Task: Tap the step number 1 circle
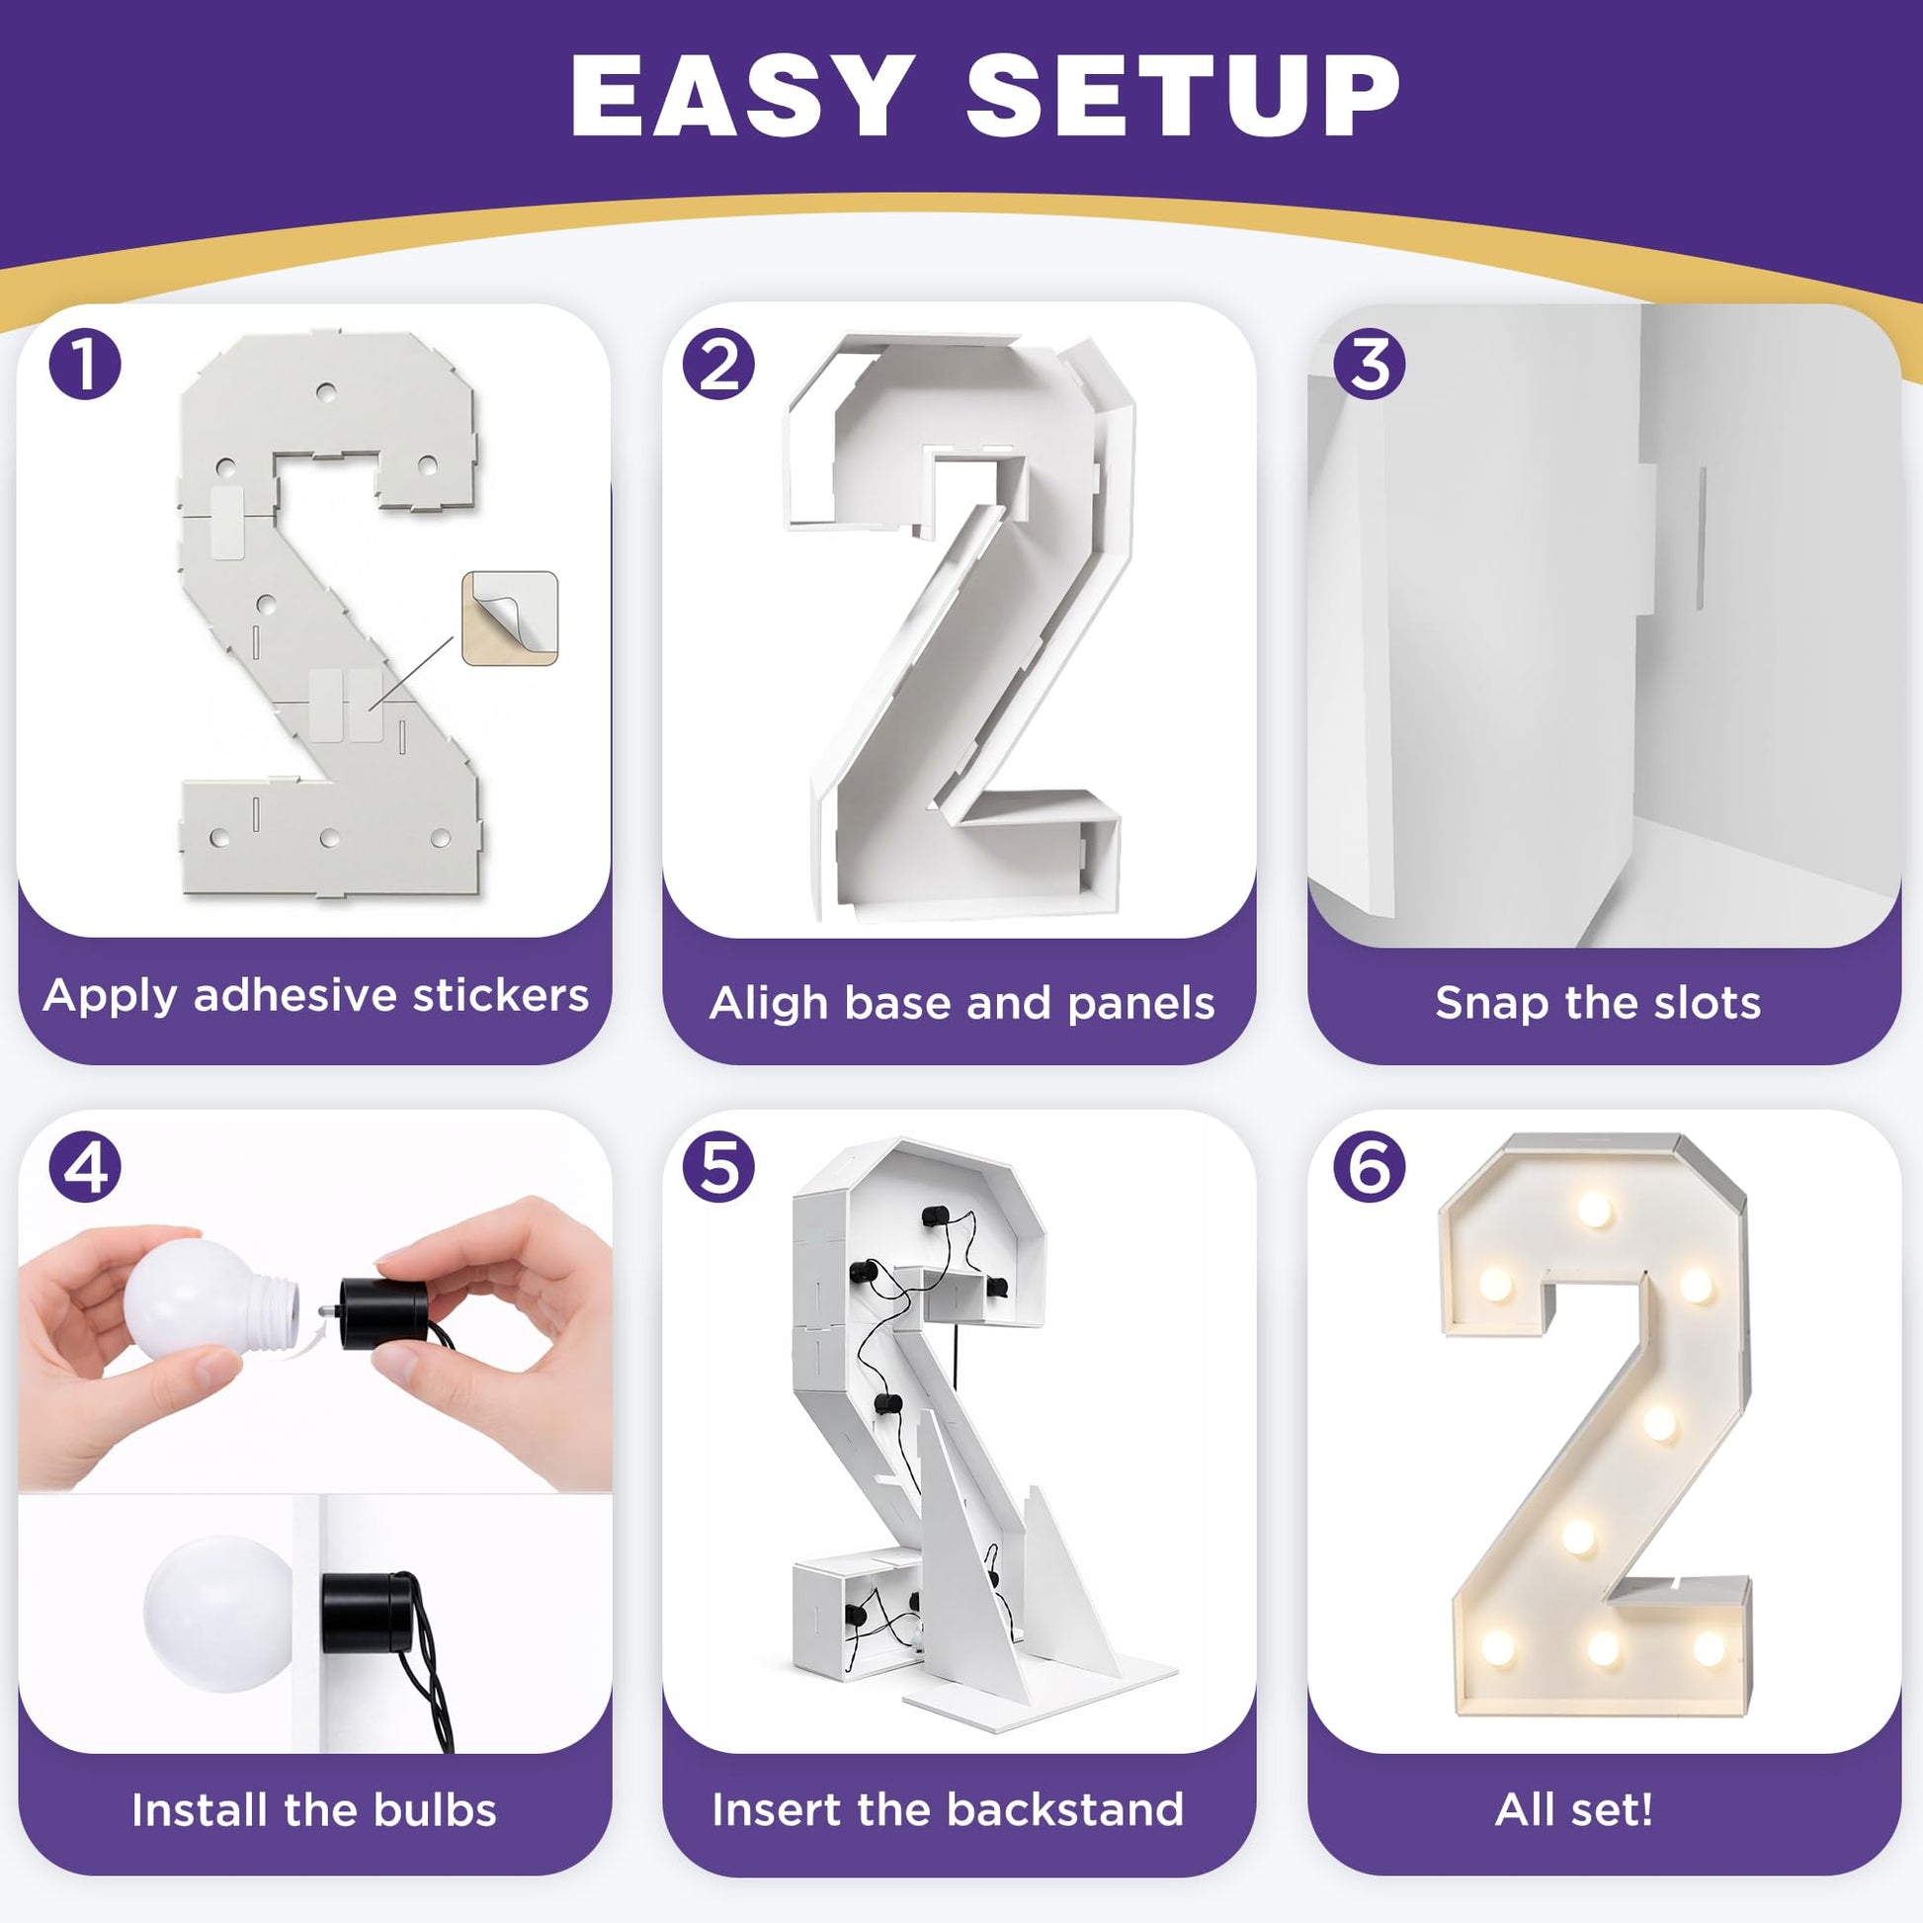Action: coord(85,365)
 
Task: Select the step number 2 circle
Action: coord(718,365)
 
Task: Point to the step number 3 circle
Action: coord(1370,365)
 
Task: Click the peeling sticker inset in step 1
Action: coord(510,619)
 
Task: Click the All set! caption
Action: coord(1574,1810)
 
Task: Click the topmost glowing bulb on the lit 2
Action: coord(1594,1211)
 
